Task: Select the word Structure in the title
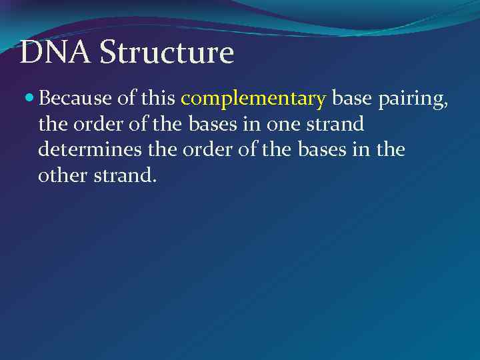(167, 53)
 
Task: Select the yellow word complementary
(253, 100)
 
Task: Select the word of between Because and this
(126, 99)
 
